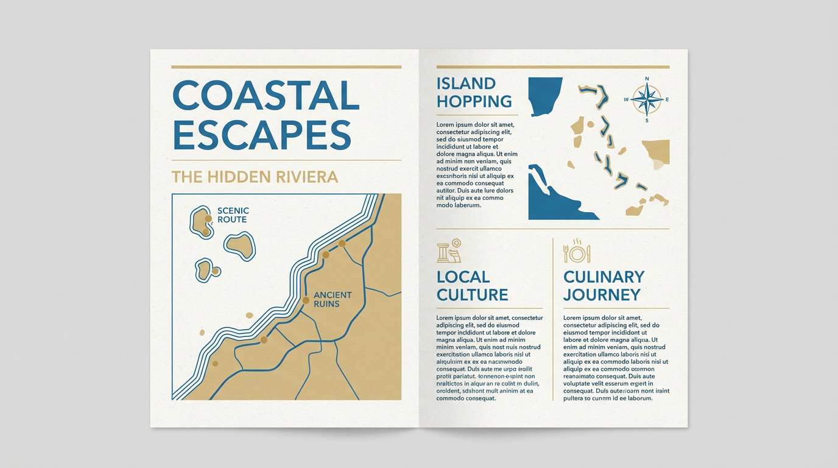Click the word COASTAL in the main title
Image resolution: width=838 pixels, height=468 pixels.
266,95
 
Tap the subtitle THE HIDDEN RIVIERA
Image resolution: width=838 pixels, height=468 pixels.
255,177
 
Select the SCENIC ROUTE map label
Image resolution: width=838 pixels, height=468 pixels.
233,215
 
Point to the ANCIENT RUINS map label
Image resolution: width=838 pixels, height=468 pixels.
333,299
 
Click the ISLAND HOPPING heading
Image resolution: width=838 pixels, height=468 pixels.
474,92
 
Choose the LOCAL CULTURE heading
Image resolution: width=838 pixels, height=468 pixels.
472,286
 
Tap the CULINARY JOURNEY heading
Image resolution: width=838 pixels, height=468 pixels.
604,286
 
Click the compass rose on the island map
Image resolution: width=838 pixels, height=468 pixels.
646,99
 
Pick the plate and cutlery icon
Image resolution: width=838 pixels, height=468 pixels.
576,252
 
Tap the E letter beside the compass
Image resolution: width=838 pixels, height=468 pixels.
667,99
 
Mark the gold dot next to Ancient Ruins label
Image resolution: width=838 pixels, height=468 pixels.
306,300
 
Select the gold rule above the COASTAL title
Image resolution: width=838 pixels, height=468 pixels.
286,67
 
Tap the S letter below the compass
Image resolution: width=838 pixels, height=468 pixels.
647,120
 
